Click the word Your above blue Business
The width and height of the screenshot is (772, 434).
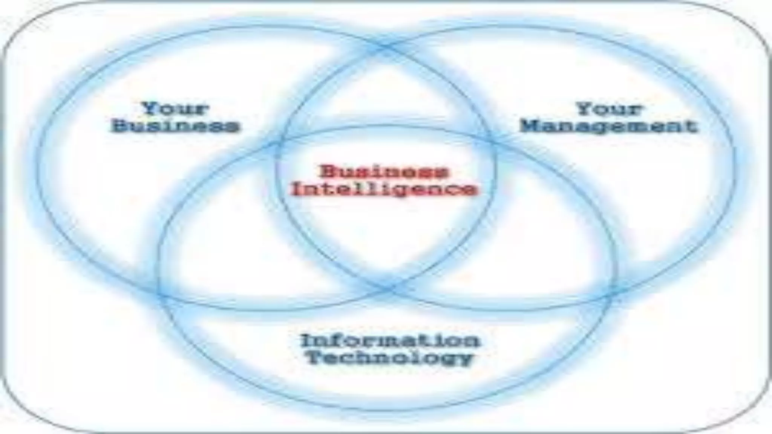pos(175,109)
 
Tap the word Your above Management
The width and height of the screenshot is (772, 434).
pos(609,109)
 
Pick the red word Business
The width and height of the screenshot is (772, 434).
pos(384,172)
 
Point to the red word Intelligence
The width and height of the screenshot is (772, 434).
pos(384,189)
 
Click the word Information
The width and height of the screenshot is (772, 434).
pos(390,341)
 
